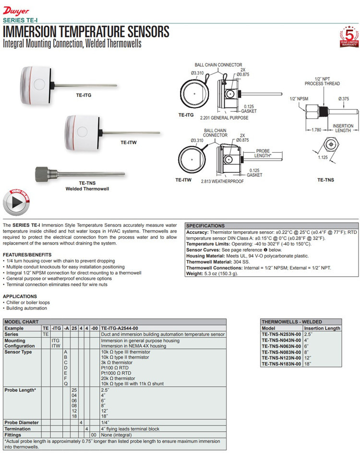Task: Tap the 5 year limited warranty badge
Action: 349,37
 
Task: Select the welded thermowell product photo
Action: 80,172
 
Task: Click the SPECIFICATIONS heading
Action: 205,226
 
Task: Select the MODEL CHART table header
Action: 20,322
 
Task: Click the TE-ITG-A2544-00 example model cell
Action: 120,328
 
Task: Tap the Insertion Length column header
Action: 322,328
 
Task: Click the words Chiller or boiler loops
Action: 27,303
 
